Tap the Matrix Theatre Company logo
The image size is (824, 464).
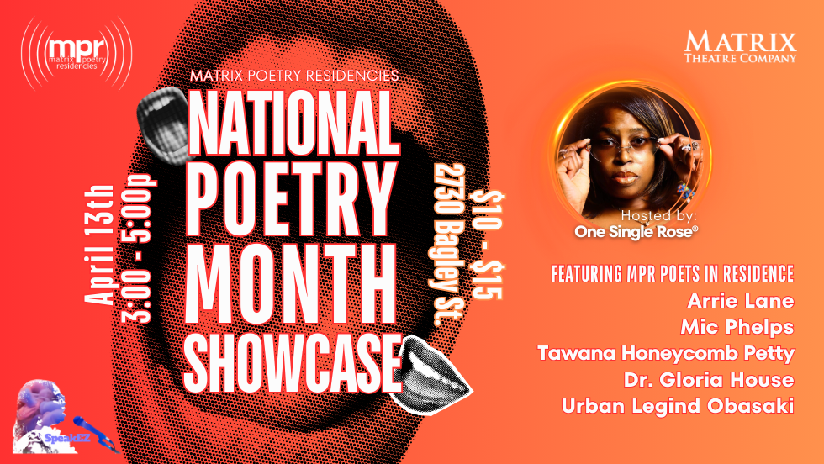(740, 47)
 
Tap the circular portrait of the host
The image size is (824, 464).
(625, 152)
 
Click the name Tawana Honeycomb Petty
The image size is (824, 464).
(666, 352)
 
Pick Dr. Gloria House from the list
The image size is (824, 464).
(716, 378)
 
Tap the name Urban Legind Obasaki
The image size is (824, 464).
(678, 405)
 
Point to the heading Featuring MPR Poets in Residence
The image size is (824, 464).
(673, 275)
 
